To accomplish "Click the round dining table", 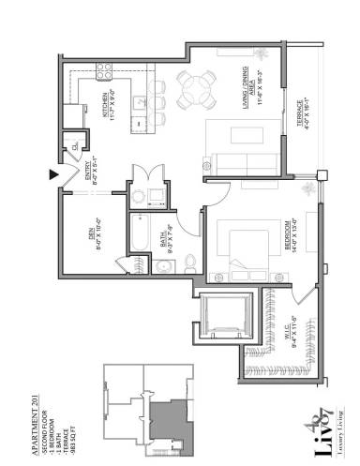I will click(x=195, y=92).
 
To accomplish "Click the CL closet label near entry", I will click(x=69, y=145).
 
